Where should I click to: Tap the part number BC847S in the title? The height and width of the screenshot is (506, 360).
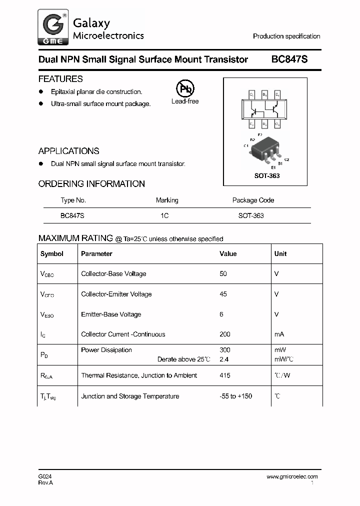click(289, 59)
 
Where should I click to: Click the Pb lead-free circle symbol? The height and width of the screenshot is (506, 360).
click(184, 89)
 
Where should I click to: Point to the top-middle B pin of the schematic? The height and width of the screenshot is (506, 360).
click(264, 94)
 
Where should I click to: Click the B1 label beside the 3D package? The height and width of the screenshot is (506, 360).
click(280, 163)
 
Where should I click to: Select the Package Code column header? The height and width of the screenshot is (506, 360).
click(253, 200)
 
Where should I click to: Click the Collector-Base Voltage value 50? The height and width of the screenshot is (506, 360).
click(223, 274)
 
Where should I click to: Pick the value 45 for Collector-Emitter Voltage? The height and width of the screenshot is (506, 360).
click(223, 294)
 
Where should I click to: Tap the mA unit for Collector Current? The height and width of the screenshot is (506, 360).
click(279, 334)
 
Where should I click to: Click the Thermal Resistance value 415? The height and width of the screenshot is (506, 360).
click(225, 375)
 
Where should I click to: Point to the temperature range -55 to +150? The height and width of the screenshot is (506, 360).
click(236, 396)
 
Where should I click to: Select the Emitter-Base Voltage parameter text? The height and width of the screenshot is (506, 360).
click(111, 314)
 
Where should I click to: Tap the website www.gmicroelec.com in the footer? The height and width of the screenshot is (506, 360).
click(292, 476)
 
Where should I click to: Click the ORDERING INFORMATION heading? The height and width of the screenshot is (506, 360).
click(91, 184)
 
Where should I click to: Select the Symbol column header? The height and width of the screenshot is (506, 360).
click(52, 254)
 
